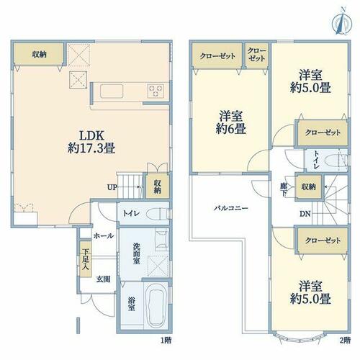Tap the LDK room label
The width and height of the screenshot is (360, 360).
pos(91,142)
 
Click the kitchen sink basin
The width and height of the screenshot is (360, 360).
pos(112,91)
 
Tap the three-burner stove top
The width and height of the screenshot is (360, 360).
pos(156,91)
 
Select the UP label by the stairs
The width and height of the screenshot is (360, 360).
pos(112,187)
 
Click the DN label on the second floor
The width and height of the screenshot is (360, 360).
pos(305,214)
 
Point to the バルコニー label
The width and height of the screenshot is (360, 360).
pos(230,208)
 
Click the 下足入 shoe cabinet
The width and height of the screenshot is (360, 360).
pos(86,259)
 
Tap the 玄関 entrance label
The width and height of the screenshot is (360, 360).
pos(104,279)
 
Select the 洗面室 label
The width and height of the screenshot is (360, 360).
pos(136,253)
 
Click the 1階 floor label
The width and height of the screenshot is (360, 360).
pos(166,340)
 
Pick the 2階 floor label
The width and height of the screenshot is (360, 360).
pos(345,340)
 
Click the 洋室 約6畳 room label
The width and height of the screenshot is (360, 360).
pos(230,122)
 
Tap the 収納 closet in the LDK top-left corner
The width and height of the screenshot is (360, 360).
pos(39,54)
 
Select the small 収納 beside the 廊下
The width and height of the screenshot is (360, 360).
pos(309,186)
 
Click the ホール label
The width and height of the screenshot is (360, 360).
pos(104,235)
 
